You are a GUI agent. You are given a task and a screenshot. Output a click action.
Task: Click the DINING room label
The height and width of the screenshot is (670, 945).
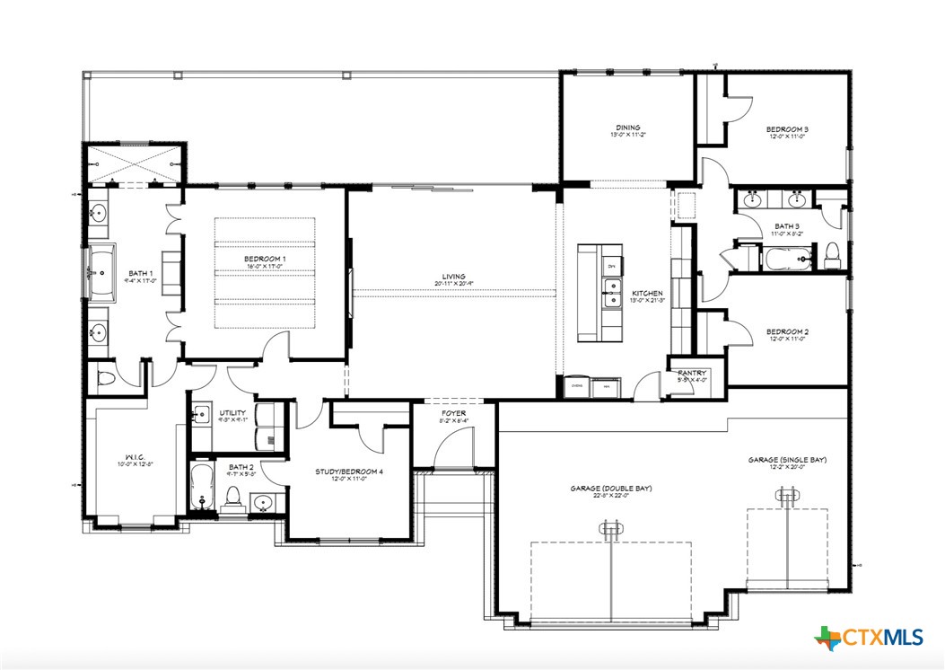coord(627,128)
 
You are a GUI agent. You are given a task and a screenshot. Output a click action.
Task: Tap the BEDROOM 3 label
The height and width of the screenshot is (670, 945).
coord(787,129)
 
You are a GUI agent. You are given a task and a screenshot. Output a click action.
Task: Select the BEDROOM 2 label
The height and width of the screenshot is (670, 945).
coord(787,332)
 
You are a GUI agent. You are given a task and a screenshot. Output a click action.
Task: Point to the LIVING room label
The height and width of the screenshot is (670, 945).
coord(454,277)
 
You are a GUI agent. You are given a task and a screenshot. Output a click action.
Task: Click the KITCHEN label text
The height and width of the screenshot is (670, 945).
coord(646,294)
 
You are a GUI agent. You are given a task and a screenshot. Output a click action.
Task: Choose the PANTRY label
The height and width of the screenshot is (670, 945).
coord(692,373)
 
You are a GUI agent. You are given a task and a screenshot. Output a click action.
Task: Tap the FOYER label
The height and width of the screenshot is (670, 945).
coord(453,415)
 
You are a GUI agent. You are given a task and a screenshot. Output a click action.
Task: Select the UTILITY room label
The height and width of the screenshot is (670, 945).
coord(232,413)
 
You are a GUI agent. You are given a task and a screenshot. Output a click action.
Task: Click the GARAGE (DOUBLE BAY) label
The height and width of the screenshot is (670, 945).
coord(610,489)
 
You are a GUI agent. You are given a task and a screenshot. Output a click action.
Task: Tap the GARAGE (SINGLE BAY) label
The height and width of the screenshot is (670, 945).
coord(787,460)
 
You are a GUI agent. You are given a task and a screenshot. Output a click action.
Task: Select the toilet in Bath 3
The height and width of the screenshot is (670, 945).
coord(831,255)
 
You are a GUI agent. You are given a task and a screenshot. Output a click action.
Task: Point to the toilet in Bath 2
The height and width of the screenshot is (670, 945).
coord(233,496)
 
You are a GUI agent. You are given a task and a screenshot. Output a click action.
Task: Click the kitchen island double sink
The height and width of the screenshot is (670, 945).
coord(613,293)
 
